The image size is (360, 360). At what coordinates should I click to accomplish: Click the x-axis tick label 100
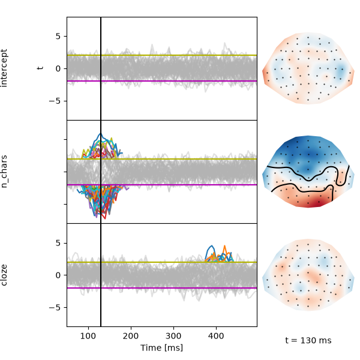[88, 337]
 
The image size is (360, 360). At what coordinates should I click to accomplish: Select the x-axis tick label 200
[131, 337]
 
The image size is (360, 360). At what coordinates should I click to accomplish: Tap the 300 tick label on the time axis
[173, 337]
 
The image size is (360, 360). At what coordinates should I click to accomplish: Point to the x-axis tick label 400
[216, 337]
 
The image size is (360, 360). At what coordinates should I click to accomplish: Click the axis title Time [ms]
[161, 348]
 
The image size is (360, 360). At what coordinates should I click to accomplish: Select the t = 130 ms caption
[308, 340]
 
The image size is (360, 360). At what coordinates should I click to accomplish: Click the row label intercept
[4, 68]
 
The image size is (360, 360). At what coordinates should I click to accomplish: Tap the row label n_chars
[4, 172]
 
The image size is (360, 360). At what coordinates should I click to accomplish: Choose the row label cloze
[4, 275]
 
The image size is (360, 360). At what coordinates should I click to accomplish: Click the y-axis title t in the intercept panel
[40, 68]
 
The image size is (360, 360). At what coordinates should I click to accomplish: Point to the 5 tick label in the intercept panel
[58, 36]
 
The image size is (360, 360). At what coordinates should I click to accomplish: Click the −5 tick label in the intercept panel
[55, 101]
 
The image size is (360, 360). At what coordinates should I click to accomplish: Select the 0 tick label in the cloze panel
[58, 275]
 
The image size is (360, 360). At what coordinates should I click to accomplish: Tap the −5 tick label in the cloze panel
[55, 307]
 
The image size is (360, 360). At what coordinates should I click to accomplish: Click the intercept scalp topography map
[308, 68]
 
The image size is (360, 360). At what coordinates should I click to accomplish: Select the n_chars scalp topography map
[308, 172]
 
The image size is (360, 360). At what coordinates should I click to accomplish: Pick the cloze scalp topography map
[308, 275]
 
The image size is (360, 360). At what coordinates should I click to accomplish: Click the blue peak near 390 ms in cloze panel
[212, 245]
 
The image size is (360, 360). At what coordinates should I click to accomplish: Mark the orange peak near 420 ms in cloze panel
[225, 245]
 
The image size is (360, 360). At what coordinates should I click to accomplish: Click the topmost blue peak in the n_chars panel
[100, 133]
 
